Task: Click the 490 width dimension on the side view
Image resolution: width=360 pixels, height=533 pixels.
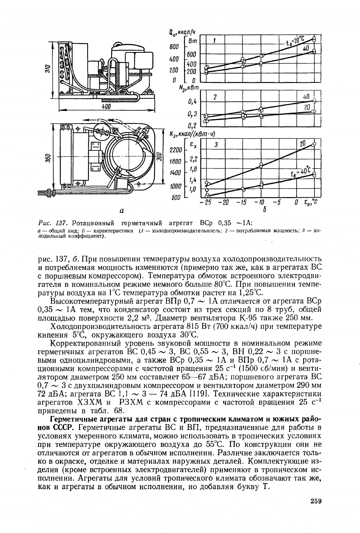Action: (106, 107)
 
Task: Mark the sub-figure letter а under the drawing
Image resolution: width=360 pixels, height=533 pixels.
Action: (122, 209)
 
